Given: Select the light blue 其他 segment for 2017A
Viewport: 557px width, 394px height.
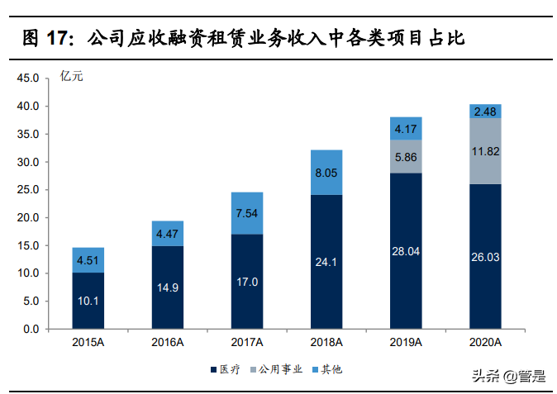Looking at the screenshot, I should coord(246,213).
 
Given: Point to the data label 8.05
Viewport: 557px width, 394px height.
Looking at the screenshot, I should coord(326,173).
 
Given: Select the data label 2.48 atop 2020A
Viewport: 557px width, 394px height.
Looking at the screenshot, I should coord(485,112).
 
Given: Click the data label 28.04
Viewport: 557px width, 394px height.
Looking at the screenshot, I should coord(406,251).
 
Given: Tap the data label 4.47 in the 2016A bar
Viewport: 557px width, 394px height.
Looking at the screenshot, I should coord(167,234).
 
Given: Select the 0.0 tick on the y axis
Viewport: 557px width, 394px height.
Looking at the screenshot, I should coord(31,330).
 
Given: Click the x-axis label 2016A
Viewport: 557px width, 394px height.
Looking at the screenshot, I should coord(167,342).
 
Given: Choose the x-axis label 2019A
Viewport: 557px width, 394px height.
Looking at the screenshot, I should coord(406,342).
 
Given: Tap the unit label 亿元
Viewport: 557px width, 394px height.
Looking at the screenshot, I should coord(72,77).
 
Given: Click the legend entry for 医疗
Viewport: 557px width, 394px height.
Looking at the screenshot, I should coord(223,369).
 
